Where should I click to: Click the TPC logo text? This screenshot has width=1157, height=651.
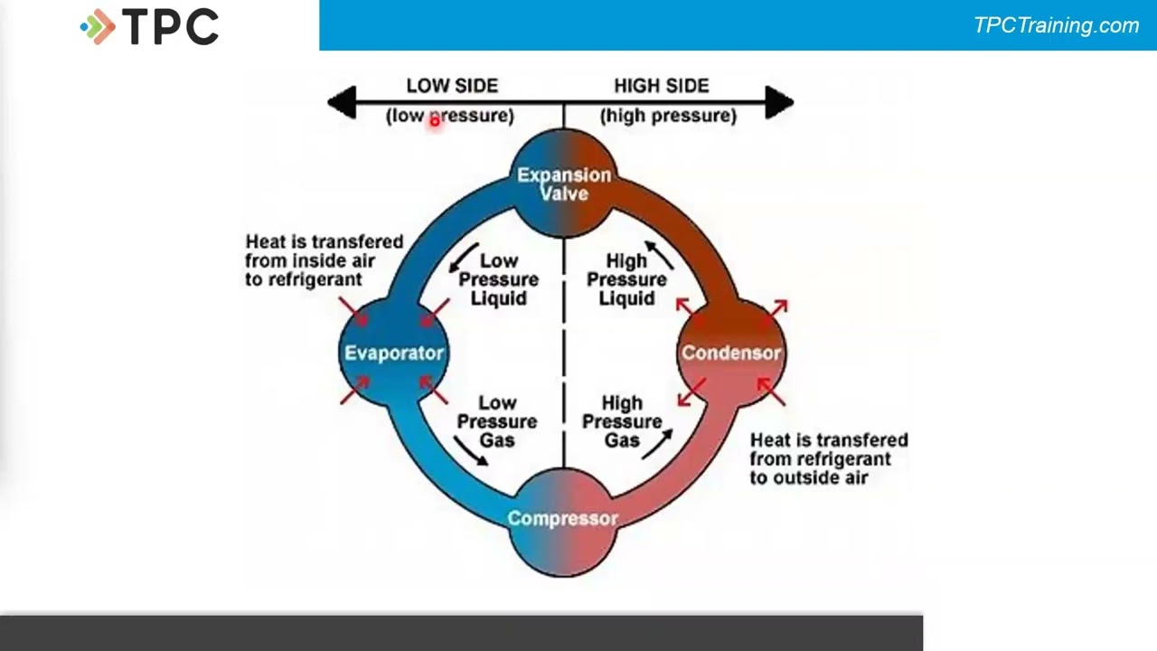coord(170,27)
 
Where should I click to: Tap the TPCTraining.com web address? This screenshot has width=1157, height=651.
coord(1056,25)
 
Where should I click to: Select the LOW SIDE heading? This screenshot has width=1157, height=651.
coord(452,86)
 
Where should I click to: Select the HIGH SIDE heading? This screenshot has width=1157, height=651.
coord(661,86)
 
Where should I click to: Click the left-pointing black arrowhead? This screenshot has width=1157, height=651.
coord(342,102)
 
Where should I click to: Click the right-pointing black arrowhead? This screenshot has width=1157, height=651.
coord(779,102)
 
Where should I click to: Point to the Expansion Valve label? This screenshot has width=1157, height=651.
coord(564,184)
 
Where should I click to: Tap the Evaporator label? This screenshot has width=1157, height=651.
coord(394,353)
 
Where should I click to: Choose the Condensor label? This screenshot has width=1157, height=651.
coord(731,353)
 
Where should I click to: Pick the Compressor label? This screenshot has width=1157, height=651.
coord(563,518)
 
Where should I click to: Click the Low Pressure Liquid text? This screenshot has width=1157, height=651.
coord(498,279)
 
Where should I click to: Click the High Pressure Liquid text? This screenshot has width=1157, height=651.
coord(626,279)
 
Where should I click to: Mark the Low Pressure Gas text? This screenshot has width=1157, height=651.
coord(496,421)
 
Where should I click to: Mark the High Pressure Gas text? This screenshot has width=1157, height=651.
coord(622,421)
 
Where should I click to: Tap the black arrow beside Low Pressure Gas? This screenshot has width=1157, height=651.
coord(470,450)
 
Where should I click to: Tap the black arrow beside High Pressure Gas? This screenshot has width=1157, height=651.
coord(659,442)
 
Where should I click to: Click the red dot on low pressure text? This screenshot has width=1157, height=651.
coord(434,119)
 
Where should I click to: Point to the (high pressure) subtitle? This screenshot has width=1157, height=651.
coord(668,116)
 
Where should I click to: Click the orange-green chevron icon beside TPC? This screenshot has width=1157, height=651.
coord(99,27)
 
